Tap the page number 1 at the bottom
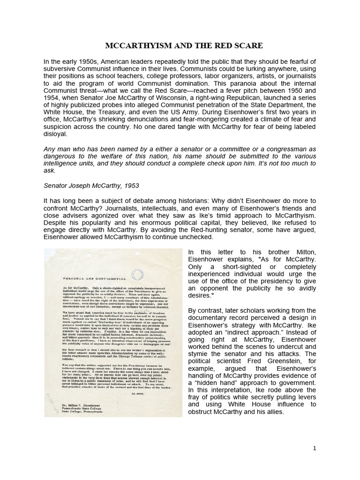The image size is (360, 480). (315, 448)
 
